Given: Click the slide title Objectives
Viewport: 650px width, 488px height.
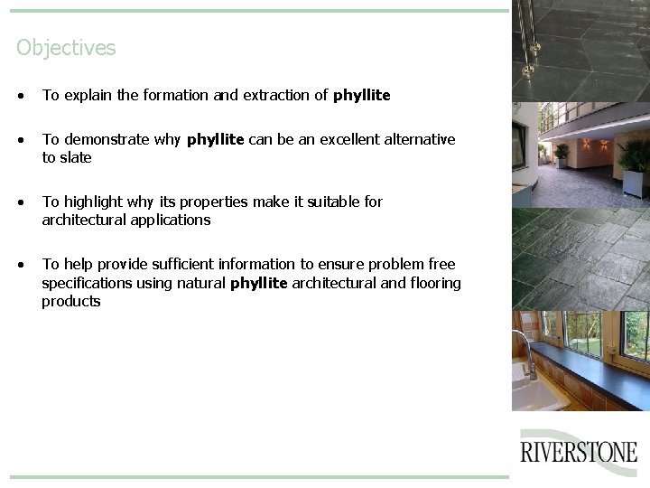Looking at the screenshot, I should click(66, 48).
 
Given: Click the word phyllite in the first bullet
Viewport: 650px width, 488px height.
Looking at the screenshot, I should click(361, 95).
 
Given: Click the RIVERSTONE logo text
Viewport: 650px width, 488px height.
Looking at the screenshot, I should click(579, 452).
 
